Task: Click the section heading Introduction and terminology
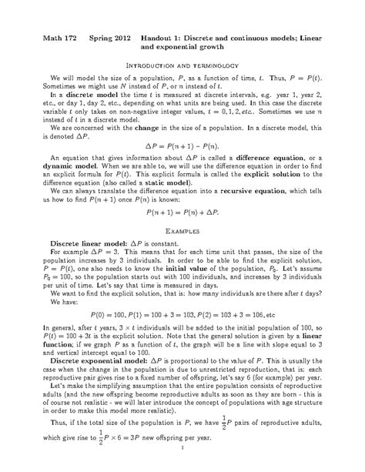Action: (182, 65)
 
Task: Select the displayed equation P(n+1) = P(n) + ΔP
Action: (182, 215)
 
